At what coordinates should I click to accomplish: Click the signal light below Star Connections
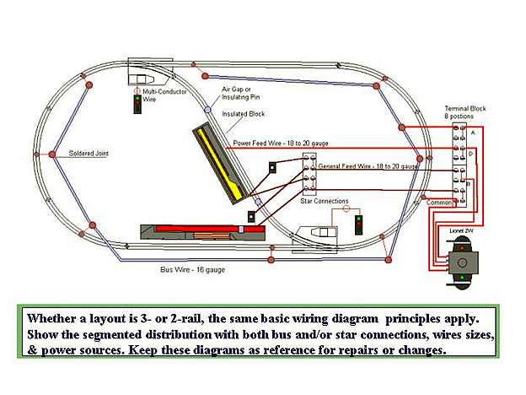coord(359,225)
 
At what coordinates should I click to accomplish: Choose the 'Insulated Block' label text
coord(242,112)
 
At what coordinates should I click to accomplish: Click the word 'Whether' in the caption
coord(54,320)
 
